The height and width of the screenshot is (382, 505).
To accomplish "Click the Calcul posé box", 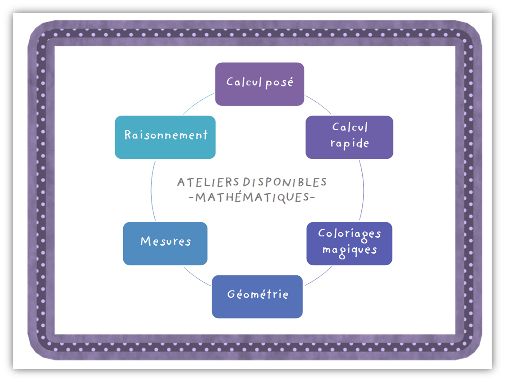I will point(259,84).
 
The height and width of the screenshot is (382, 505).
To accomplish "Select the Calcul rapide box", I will point(349,137).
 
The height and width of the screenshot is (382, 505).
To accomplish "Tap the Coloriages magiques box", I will point(349,243).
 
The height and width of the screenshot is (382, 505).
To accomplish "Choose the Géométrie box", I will point(257,297).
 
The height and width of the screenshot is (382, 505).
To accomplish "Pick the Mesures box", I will point(165,243).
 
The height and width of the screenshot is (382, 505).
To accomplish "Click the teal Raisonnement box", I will point(165,137).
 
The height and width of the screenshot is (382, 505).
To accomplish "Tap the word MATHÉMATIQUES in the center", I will point(251,197).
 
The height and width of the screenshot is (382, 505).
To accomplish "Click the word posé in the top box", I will point(278,83).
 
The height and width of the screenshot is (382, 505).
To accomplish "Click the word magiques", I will point(350,250).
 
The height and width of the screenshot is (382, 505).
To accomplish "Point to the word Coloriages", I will point(350,233).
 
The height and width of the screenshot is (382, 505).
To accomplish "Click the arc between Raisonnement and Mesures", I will point(151,190).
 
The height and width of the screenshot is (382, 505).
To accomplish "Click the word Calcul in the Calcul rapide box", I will point(350,127).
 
